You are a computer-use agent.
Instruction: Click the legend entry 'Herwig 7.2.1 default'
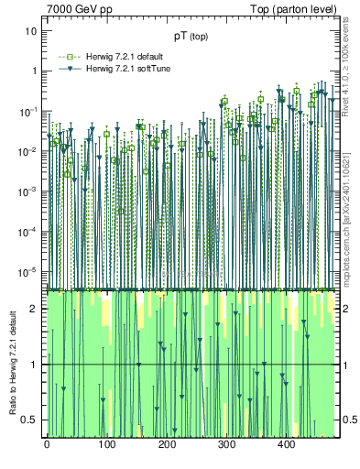(x=124, y=57)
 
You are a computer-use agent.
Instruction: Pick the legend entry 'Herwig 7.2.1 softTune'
(x=125, y=69)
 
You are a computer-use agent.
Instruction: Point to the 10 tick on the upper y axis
(x=30, y=31)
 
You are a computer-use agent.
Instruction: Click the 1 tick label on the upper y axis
(x=33, y=71)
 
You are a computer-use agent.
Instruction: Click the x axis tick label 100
(x=106, y=444)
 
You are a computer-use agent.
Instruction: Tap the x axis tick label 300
(x=226, y=444)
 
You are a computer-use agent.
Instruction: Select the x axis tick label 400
(x=286, y=444)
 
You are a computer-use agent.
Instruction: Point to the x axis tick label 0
(x=47, y=444)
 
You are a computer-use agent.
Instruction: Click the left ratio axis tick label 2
(x=35, y=309)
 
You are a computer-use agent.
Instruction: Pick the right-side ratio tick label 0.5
(x=349, y=420)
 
